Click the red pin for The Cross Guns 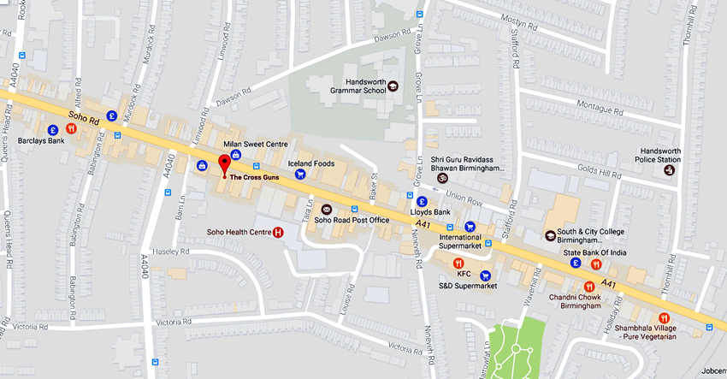tap(225, 163)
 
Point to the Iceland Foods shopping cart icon tap(300, 175)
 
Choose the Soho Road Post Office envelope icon tap(326, 209)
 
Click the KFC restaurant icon tap(458, 263)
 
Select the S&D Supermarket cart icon tap(486, 275)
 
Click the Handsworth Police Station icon tap(670, 170)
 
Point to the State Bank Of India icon tap(576, 263)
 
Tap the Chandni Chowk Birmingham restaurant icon tap(589, 287)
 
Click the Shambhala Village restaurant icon tap(665, 317)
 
